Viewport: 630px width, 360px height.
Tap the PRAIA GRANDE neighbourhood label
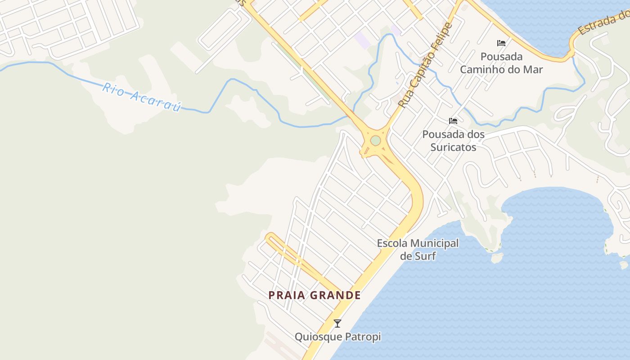pyautogui.click(x=315, y=295)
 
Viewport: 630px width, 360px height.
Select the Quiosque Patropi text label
pyautogui.click(x=337, y=337)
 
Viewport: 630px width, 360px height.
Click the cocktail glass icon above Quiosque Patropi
pyautogui.click(x=337, y=323)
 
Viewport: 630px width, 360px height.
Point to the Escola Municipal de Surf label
pyautogui.click(x=418, y=249)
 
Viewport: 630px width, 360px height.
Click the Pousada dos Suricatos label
pyautogui.click(x=453, y=140)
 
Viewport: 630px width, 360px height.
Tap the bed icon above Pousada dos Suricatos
pyautogui.click(x=453, y=121)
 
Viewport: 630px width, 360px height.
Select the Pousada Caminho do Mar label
pyautogui.click(x=501, y=63)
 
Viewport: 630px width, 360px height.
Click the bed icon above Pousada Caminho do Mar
pyautogui.click(x=501, y=43)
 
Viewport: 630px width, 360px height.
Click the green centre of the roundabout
pyautogui.click(x=375, y=141)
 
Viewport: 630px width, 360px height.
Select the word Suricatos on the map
pyautogui.click(x=453, y=147)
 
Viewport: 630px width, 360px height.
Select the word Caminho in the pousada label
pyautogui.click(x=483, y=69)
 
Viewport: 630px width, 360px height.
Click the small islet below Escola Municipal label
pyautogui.click(x=497, y=258)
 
